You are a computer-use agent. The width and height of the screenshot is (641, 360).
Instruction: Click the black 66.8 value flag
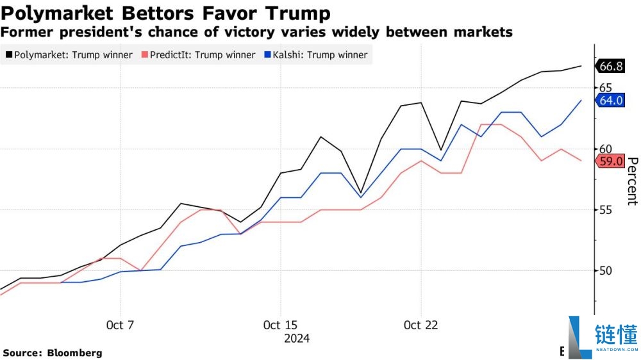[610, 66]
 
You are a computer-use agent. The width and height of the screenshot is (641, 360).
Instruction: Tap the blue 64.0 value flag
[610, 100]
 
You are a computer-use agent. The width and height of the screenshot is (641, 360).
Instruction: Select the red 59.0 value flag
[610, 161]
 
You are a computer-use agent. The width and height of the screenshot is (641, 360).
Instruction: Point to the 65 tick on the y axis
[606, 88]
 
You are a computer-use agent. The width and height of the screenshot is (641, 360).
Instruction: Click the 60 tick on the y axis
[606, 149]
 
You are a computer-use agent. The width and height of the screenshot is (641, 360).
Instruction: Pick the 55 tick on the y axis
[606, 210]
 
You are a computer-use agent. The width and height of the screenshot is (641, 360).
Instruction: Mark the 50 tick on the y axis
[606, 270]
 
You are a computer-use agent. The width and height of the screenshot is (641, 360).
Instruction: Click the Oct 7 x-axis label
[121, 325]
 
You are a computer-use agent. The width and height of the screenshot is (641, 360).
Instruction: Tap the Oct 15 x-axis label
[281, 325]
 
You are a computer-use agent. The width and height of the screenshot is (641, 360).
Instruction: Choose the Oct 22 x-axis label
[420, 325]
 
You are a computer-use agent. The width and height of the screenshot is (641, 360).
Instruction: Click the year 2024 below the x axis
[297, 339]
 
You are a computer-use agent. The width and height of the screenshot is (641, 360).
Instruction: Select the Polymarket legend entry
[69, 54]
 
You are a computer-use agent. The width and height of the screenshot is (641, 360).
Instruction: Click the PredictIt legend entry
[198, 54]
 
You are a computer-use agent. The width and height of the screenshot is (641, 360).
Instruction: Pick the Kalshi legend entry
[316, 54]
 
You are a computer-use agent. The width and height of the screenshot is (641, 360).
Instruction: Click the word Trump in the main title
[298, 13]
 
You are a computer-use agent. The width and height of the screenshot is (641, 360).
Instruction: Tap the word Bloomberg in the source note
[75, 353]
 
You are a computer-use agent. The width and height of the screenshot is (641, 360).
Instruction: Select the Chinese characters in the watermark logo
[617, 334]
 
